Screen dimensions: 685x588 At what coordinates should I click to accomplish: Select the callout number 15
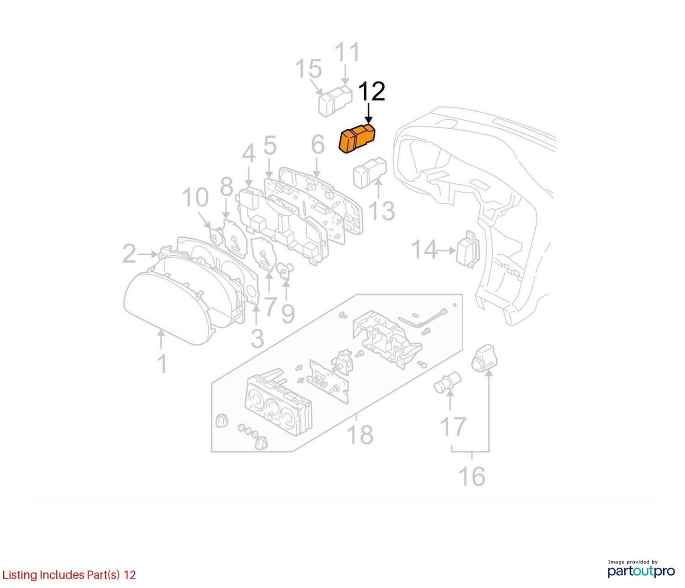pyautogui.click(x=309, y=69)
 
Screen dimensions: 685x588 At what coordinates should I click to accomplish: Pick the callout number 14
pyautogui.click(x=424, y=250)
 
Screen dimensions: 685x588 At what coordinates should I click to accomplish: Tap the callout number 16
pyautogui.click(x=472, y=476)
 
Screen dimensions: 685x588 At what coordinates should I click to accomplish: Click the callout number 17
pyautogui.click(x=453, y=427)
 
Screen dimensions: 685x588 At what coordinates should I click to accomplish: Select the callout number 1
pyautogui.click(x=162, y=364)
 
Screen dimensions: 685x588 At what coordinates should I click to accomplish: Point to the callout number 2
pyautogui.click(x=129, y=254)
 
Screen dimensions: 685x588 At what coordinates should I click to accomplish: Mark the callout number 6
pyautogui.click(x=318, y=144)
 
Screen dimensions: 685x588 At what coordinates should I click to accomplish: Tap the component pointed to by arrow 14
pyautogui.click(x=468, y=249)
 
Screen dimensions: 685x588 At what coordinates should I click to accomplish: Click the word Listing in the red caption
pyautogui.click(x=19, y=575)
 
